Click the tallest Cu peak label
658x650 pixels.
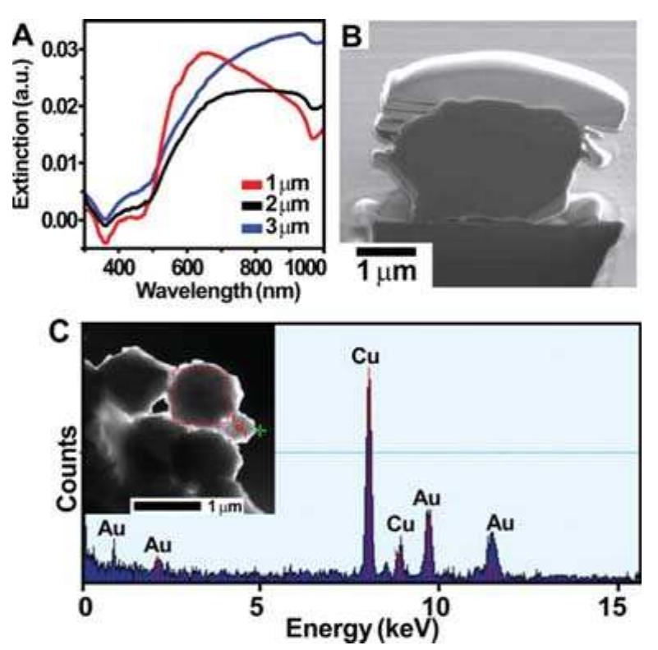click(368, 354)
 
